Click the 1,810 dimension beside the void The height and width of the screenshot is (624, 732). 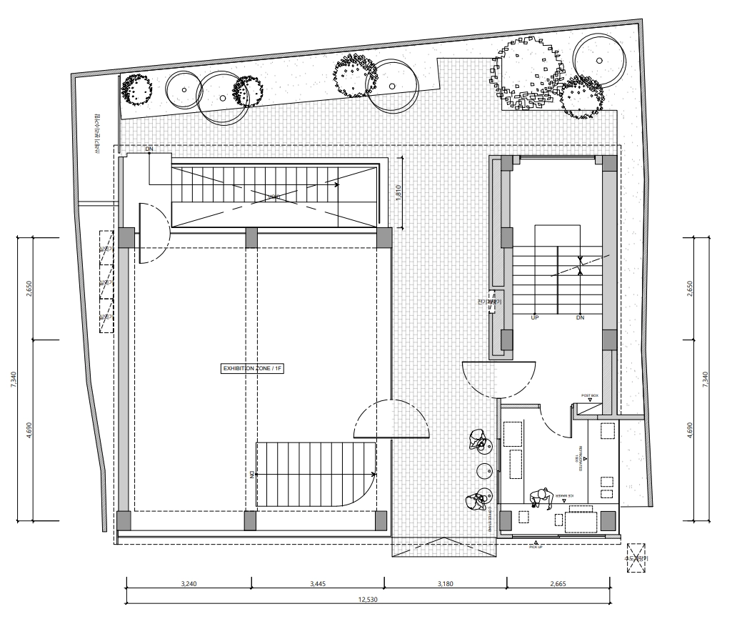coord(399,194)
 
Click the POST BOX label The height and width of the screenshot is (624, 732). coord(589,395)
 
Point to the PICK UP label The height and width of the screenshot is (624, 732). coord(536,546)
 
